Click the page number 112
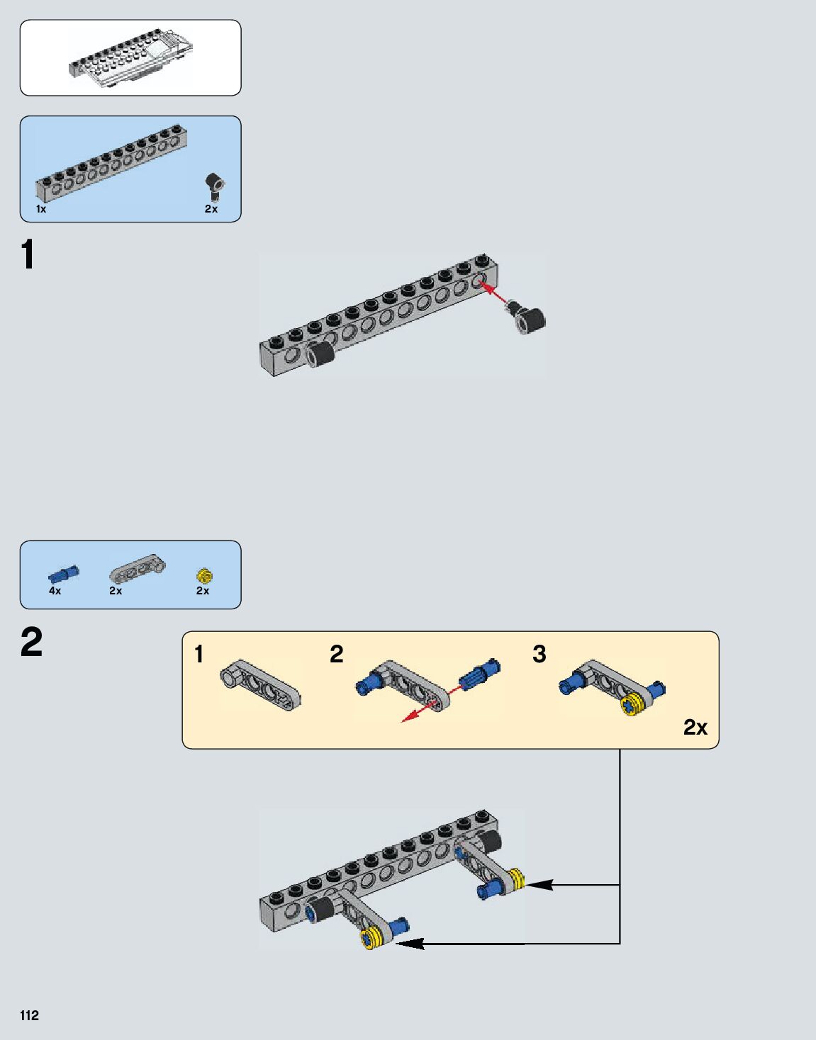click(29, 1015)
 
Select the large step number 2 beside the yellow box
click(31, 643)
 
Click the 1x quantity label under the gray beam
click(41, 209)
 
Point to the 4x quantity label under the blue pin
click(55, 590)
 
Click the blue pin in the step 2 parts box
click(64, 573)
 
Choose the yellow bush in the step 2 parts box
click(205, 575)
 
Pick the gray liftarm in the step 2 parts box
click(138, 567)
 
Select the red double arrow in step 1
click(495, 293)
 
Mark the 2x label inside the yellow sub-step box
click(695, 728)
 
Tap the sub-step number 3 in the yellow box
click(540, 654)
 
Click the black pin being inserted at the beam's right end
click(527, 319)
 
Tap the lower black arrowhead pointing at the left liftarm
click(410, 944)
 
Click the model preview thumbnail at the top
click(130, 58)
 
